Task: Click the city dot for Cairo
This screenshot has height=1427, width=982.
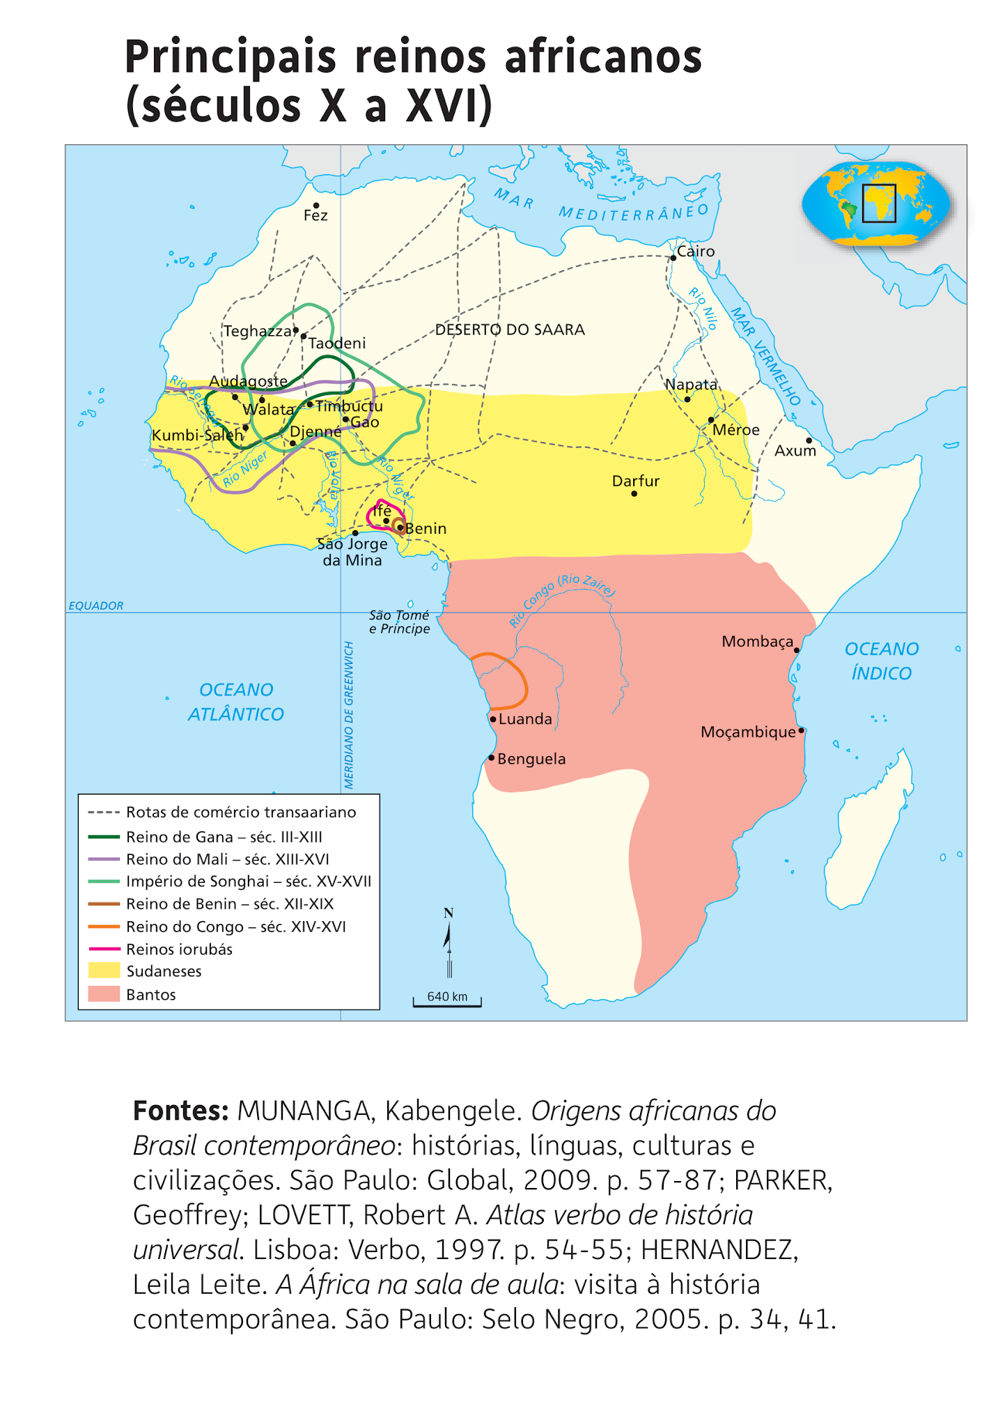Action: (673, 258)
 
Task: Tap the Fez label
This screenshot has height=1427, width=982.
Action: (315, 216)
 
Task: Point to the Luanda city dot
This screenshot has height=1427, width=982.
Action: (493, 719)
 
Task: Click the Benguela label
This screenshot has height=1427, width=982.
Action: (531, 759)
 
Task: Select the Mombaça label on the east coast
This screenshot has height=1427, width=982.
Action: (757, 641)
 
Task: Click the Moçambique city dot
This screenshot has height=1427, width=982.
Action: (802, 730)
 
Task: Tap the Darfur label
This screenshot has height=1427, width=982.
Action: (635, 481)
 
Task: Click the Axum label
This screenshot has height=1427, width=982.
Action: (795, 451)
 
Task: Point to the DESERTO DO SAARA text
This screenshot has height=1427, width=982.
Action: (510, 330)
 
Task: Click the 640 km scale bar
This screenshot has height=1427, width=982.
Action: (447, 1001)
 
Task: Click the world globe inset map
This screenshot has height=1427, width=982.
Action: (875, 203)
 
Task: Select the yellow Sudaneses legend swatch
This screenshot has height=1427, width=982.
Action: (104, 971)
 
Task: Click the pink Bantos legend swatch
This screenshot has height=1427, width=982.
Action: (104, 994)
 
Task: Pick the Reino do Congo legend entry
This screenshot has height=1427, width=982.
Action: (235, 927)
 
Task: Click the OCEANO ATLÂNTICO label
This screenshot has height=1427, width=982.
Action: (236, 702)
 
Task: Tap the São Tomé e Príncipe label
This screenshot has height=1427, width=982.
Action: (399, 622)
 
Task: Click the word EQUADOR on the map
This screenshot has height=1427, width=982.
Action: (96, 605)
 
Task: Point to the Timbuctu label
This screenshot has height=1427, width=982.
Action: (349, 406)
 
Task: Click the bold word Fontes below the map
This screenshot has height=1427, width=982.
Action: (180, 1111)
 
